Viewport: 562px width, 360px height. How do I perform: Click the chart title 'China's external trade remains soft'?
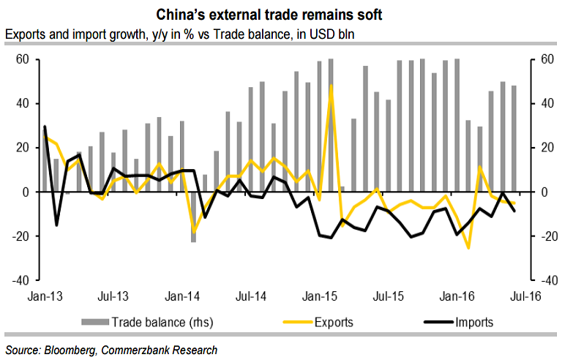click(x=281, y=14)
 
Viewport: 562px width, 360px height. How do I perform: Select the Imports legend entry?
click(x=473, y=322)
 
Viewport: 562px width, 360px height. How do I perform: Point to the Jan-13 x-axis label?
click(x=44, y=296)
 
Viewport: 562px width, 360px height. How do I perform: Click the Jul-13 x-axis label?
click(x=113, y=296)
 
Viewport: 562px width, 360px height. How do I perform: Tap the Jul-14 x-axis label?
click(x=251, y=296)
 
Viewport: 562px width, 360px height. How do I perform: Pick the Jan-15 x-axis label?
click(x=320, y=296)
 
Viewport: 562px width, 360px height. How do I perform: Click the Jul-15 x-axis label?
click(x=389, y=296)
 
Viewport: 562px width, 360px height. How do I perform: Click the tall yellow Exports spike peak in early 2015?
click(x=331, y=86)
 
